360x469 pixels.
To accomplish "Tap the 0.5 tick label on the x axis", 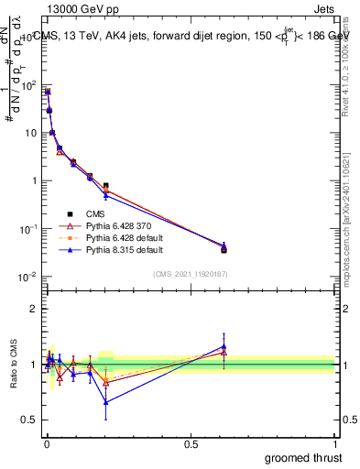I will (191, 444).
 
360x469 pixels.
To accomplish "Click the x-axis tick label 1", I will (335, 444).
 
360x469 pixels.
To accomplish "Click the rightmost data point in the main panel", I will (224, 248).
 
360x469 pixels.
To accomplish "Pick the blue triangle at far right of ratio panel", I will (224, 346).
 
